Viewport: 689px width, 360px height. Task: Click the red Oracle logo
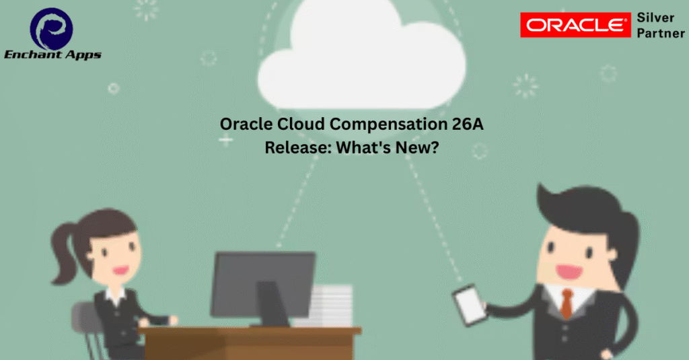click(x=575, y=25)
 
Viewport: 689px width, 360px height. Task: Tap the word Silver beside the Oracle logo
click(x=655, y=17)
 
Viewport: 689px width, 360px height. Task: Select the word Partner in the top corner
click(x=661, y=34)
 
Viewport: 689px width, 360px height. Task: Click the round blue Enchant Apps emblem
click(x=51, y=28)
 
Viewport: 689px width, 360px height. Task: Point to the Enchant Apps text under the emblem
click(x=52, y=55)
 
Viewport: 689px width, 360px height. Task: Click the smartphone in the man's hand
click(x=470, y=305)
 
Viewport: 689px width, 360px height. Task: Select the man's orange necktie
click(x=567, y=303)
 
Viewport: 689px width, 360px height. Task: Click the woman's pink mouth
click(x=120, y=269)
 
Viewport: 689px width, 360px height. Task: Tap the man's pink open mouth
click(x=569, y=272)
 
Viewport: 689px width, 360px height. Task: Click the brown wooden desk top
click(x=250, y=331)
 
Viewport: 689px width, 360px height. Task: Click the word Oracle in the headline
click(x=246, y=124)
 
